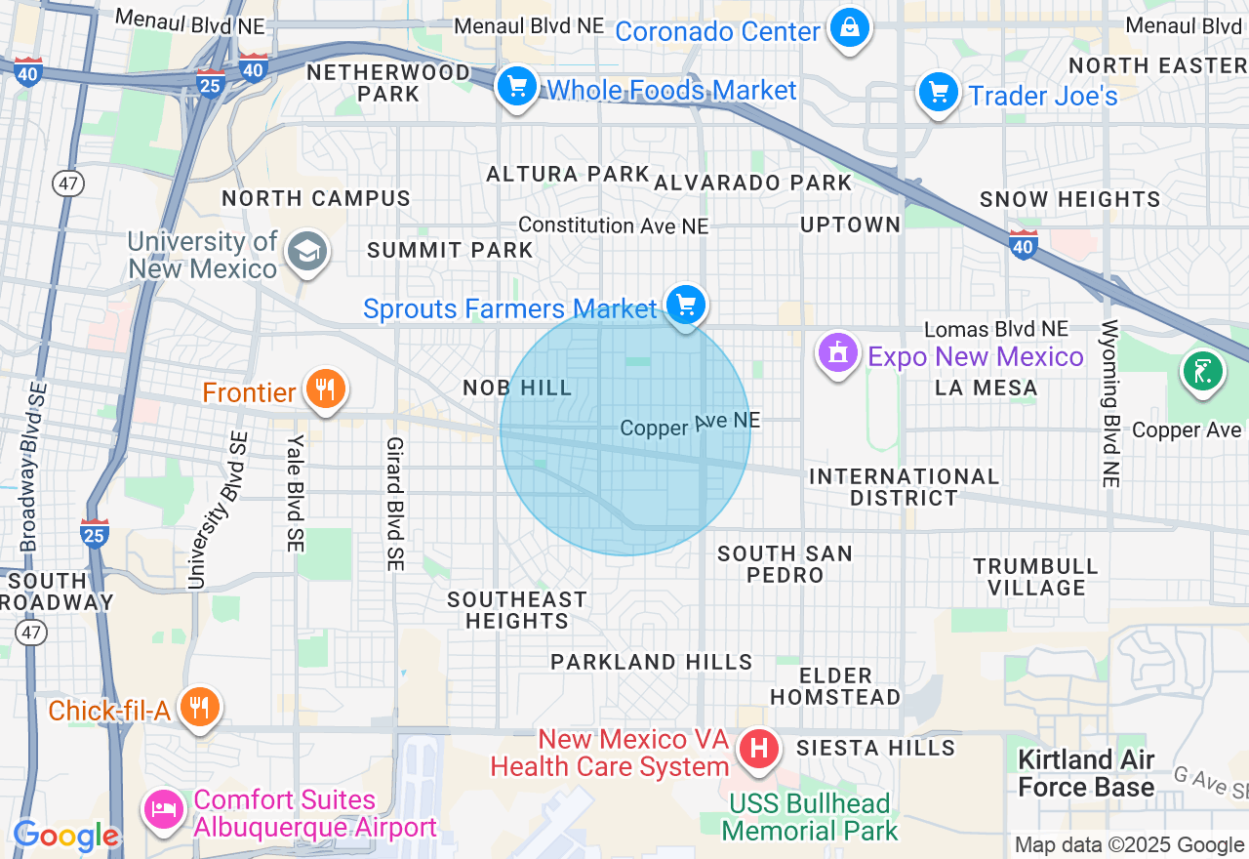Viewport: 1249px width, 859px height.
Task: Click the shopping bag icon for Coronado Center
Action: (x=849, y=28)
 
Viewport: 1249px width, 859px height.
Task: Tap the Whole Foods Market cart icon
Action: (x=517, y=88)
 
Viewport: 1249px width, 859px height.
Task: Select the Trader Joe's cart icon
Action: (x=939, y=94)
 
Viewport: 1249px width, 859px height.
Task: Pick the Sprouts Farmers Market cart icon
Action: (x=686, y=306)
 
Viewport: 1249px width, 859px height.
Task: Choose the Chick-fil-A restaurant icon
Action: (x=199, y=708)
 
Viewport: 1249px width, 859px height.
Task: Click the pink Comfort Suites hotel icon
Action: (x=164, y=809)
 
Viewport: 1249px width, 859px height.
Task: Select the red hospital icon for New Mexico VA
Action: (x=760, y=751)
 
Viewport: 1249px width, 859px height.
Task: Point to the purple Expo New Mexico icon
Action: (x=837, y=354)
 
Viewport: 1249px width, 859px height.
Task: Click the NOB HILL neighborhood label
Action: (x=517, y=389)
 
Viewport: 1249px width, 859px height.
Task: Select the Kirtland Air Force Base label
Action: (x=1086, y=773)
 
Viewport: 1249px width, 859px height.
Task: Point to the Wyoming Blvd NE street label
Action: (x=1110, y=403)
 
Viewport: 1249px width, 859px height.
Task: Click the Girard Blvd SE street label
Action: (x=394, y=504)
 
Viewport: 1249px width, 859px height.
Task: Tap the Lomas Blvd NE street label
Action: (x=996, y=330)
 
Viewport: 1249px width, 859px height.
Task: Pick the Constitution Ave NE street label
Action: (x=613, y=225)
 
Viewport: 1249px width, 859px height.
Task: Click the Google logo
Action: (x=65, y=837)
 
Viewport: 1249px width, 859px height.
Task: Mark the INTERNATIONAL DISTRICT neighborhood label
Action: (x=904, y=487)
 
